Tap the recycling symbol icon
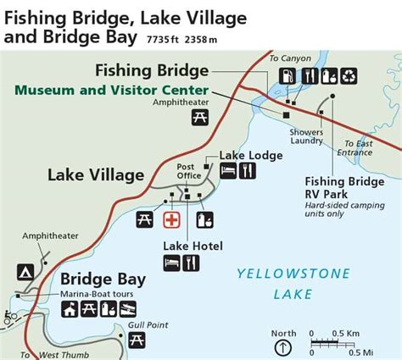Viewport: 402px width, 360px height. tap(349, 76)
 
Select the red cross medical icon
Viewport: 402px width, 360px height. tap(171, 219)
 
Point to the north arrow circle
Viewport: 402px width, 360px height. tap(283, 347)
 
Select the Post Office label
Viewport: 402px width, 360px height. tap(187, 170)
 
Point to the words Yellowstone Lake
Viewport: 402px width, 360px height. tap(275, 283)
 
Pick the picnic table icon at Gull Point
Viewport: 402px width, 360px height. tap(137, 341)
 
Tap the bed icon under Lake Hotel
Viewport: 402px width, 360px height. tap(172, 263)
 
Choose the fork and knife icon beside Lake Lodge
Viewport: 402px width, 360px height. tap(248, 171)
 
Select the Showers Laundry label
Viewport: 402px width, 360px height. tap(305, 136)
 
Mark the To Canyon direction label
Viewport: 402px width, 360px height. tap(286, 57)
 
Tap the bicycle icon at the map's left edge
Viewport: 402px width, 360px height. tap(9, 318)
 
